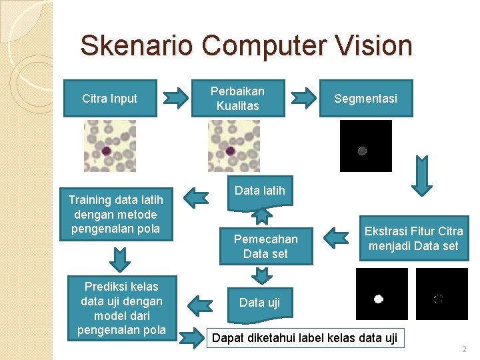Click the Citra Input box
[109, 99]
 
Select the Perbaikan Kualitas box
[237, 99]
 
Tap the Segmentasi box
[365, 99]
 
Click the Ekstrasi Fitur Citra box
[413, 239]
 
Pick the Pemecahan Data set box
[265, 246]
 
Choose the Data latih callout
[259, 191]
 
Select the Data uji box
[259, 303]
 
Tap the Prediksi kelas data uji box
[121, 308]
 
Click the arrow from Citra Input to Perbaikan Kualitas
[176, 98]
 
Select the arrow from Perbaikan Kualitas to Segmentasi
[305, 98]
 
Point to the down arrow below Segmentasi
[421, 178]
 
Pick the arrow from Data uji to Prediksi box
[199, 305]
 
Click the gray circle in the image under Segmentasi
[363, 151]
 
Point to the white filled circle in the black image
[378, 299]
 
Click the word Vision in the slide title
[375, 46]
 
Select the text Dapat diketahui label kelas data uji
[304, 338]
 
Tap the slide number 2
[464, 349]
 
